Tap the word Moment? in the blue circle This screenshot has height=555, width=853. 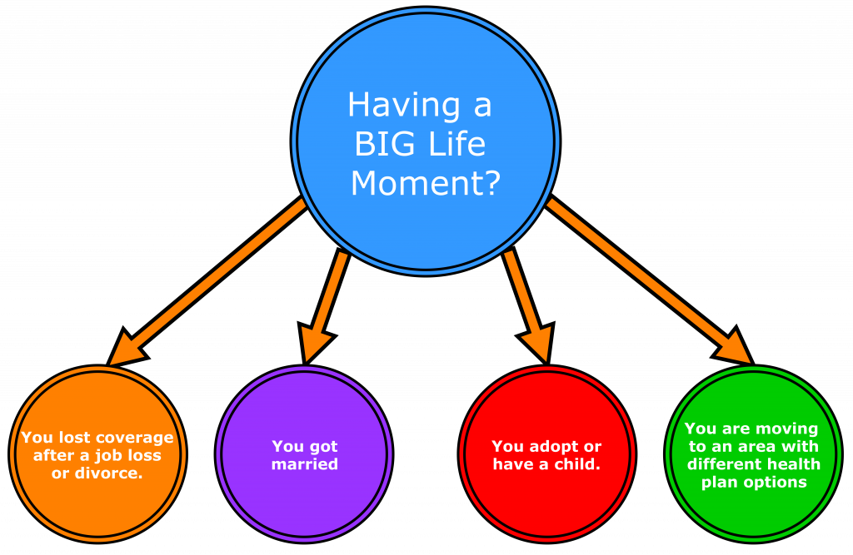pos(426,183)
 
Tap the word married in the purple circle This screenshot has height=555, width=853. pos(305,463)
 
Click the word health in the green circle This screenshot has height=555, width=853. pos(796,463)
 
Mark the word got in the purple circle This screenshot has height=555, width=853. pos(324,447)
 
